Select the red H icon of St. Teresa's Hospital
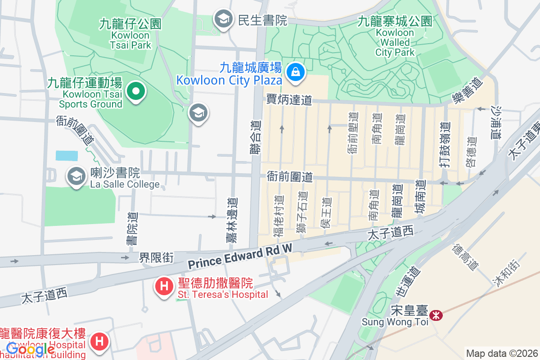tap(164, 286)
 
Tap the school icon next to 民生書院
tap(223, 19)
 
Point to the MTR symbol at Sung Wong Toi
tap(436, 315)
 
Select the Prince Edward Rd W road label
tap(240, 257)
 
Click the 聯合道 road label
tap(256, 138)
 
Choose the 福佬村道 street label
tap(279, 216)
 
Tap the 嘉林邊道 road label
tap(233, 220)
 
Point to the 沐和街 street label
tap(505, 273)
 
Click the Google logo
tap(30, 349)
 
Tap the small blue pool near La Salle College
tap(67, 156)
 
